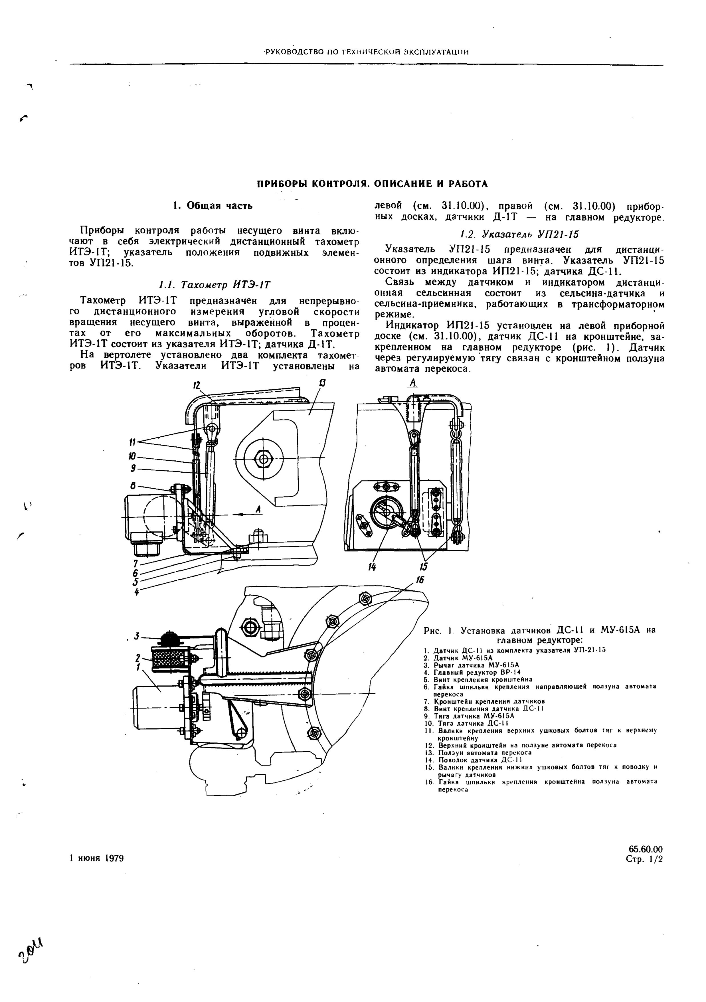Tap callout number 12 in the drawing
tap(197, 385)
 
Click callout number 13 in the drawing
tap(322, 384)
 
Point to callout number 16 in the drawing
tap(420, 580)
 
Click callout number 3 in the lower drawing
tap(137, 636)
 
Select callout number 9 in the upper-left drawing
tap(133, 468)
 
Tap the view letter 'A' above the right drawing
tap(413, 383)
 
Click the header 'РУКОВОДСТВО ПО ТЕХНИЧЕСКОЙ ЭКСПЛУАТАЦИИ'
tap(366, 52)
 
